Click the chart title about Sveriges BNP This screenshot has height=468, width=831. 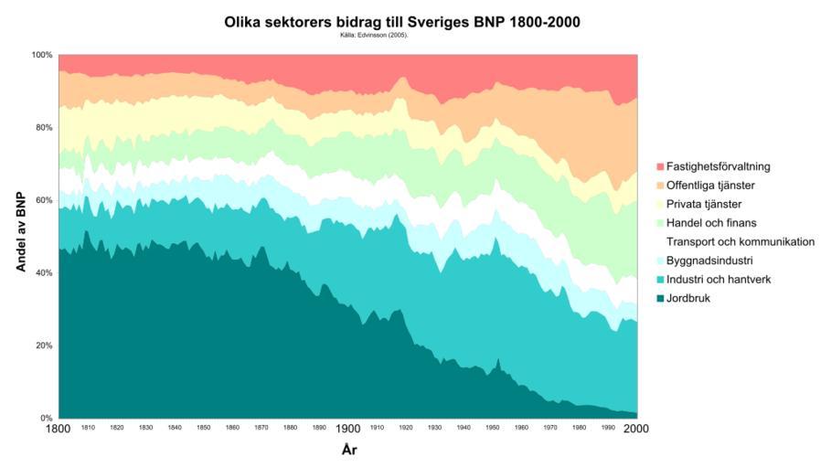point(401,21)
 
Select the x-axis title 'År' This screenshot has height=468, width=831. point(348,450)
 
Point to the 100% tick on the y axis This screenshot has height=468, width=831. point(44,55)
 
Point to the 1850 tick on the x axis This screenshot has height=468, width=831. point(204,428)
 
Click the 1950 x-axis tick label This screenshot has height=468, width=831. point(493,428)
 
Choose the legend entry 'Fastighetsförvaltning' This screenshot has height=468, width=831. point(719,166)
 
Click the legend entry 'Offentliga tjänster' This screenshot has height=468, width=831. point(711,186)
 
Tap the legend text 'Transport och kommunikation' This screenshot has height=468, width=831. point(740,241)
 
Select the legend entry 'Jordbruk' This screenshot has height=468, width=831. point(688,298)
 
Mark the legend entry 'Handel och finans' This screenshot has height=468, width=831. point(711,223)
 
